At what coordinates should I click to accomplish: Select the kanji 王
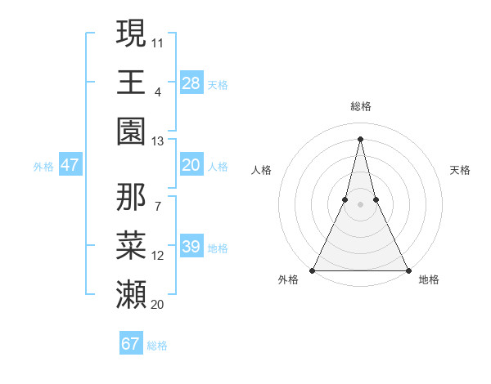pyautogui.click(x=131, y=82)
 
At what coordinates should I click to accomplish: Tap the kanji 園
pyautogui.click(x=131, y=132)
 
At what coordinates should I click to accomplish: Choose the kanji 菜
pyautogui.click(x=131, y=245)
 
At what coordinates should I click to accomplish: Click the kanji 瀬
pyautogui.click(x=131, y=295)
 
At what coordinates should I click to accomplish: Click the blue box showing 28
pyautogui.click(x=191, y=83)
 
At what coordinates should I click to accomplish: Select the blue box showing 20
pyautogui.click(x=191, y=165)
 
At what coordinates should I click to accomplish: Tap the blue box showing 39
pyautogui.click(x=191, y=247)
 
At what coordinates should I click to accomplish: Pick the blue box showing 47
pyautogui.click(x=70, y=165)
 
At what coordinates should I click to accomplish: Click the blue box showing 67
pyautogui.click(x=131, y=344)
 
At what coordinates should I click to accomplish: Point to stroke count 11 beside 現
pyautogui.click(x=158, y=42)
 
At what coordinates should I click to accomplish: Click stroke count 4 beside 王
pyautogui.click(x=158, y=91)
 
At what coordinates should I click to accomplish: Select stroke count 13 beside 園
pyautogui.click(x=158, y=141)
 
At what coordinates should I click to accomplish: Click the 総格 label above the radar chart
pyautogui.click(x=361, y=106)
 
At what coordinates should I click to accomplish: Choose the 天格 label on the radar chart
pyautogui.click(x=460, y=170)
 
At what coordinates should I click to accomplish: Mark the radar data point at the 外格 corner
pyautogui.click(x=313, y=270)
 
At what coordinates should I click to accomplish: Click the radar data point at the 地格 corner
pyautogui.click(x=408, y=270)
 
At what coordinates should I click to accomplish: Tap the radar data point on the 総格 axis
pyautogui.click(x=361, y=138)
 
